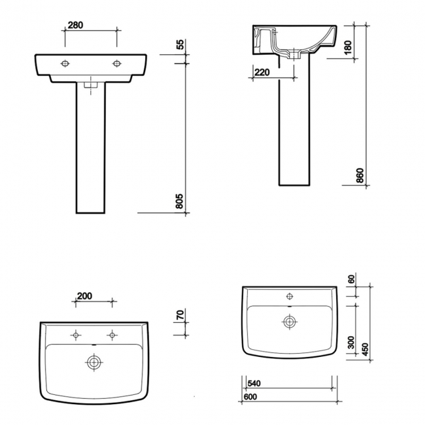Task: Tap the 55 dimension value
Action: pos(181,46)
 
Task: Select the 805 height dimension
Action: pos(181,201)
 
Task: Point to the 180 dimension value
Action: pos(348,48)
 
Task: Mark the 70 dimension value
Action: pos(181,315)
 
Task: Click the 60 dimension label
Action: pos(351,279)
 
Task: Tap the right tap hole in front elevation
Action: pos(117,63)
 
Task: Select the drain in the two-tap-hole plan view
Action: pos(95,361)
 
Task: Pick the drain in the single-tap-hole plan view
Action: pos(288,321)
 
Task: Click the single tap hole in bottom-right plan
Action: pos(288,296)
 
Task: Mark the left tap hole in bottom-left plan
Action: pos(76,335)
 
